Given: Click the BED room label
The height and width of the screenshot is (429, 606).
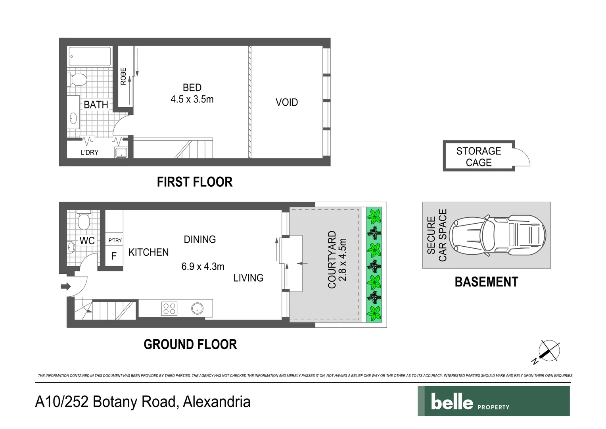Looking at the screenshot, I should point(192,88).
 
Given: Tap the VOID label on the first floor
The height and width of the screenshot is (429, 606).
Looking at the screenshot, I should point(286,102).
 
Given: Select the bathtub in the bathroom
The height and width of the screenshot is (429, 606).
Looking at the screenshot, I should point(90,56).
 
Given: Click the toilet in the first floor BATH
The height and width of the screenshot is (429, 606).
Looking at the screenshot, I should point(79,79).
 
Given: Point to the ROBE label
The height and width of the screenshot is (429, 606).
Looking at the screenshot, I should point(123,76).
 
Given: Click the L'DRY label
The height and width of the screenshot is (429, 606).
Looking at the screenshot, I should point(89,153).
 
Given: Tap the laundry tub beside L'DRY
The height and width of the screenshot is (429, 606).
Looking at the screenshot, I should point(121,153).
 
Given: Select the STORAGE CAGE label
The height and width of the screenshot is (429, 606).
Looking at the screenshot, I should point(478,157).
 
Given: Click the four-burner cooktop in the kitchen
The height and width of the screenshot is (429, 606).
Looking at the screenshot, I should point(169,309).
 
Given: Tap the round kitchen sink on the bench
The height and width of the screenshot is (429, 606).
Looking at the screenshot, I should point(197,308).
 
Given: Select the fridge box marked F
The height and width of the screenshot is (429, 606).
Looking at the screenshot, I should point(114,256).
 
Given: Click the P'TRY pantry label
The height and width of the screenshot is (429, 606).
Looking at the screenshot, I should point(115,240).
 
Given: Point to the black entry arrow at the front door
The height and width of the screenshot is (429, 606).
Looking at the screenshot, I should point(65,286).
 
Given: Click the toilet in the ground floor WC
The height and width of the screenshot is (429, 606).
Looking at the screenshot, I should point(84,220).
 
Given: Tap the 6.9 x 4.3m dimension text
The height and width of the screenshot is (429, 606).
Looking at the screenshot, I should point(203,267).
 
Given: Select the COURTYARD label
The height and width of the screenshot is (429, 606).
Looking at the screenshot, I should point(332,259).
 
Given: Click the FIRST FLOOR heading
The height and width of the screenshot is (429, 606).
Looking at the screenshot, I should point(194,182).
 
